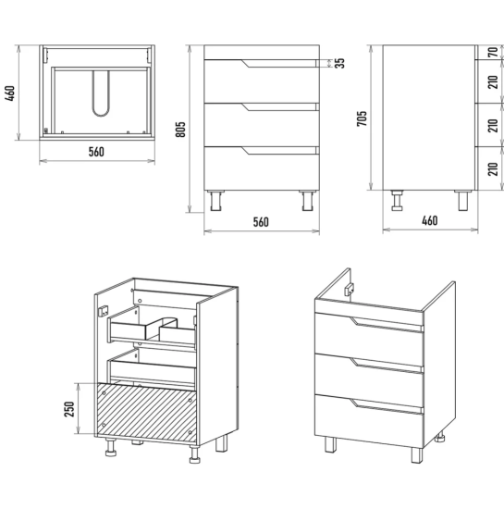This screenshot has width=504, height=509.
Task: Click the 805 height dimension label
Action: click(x=180, y=129)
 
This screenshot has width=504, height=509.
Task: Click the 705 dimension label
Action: click(x=362, y=118)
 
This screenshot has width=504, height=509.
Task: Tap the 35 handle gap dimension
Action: click(x=339, y=63)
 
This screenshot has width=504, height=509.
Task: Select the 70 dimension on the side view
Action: click(x=493, y=52)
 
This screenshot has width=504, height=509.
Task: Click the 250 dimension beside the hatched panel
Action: click(x=69, y=409)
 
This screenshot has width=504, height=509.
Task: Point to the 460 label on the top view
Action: click(x=10, y=93)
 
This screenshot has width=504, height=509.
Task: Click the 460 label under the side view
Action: click(x=429, y=221)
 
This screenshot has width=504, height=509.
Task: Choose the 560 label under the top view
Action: click(x=96, y=152)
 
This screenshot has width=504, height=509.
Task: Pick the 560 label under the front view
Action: click(x=261, y=222)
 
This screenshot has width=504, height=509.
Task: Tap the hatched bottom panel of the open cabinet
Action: click(x=147, y=411)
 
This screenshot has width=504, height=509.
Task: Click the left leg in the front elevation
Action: click(x=215, y=201)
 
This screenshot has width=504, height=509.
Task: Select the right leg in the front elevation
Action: click(x=308, y=201)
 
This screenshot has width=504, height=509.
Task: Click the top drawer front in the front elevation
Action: click(x=262, y=81)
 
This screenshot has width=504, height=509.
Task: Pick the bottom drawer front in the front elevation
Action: click(x=262, y=168)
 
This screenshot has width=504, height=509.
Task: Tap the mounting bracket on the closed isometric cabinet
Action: click(x=349, y=290)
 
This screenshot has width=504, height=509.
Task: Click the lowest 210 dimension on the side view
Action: click(x=493, y=168)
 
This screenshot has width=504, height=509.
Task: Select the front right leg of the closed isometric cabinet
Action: click(x=417, y=455)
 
